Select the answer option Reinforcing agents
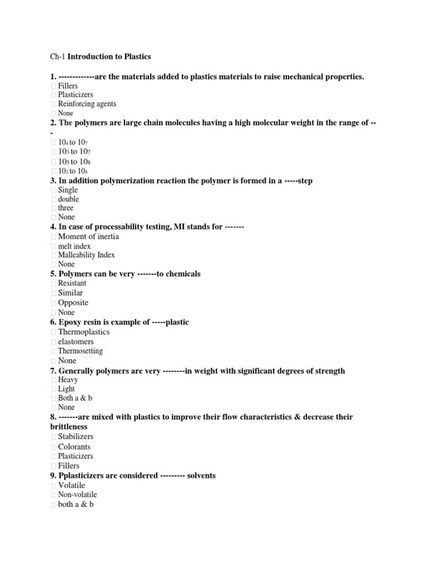(87, 104)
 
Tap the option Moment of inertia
(88, 237)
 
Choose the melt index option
(75, 246)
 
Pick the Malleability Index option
(86, 255)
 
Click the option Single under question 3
(68, 190)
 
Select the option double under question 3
(68, 199)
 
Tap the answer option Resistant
(72, 283)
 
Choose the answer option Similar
(71, 293)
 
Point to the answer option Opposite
(73, 303)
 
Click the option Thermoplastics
(83, 332)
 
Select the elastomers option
(76, 342)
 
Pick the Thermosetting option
(80, 351)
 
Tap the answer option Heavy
(68, 380)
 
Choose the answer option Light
(66, 389)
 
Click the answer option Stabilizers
(76, 437)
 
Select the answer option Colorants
(74, 447)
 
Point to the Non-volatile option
(77, 495)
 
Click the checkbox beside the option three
(53, 208)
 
